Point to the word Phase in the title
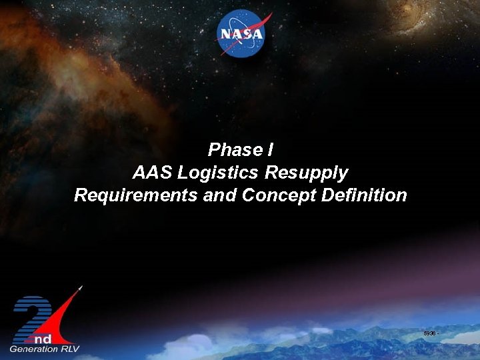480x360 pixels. pos(231,149)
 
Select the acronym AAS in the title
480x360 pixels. pos(149,173)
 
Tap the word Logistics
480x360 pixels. pos(215,173)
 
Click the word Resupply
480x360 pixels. pos(306,173)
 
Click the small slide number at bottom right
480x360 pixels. pos(429,332)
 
